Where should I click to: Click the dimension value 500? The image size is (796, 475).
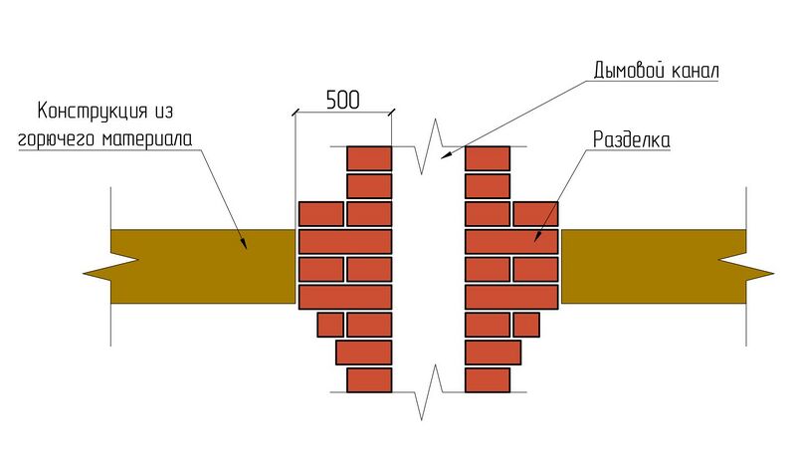coord(342,100)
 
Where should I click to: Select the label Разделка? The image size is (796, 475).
coord(631,139)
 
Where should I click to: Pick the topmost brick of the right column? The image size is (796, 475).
coord(488,158)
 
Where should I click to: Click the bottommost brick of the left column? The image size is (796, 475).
coord(368,379)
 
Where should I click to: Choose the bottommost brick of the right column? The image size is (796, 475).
coord(488,379)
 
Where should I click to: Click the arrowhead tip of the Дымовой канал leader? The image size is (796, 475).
coord(442,156)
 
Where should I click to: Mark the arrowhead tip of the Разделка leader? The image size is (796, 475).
coord(533,242)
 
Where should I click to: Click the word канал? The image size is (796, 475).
coord(692,72)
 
